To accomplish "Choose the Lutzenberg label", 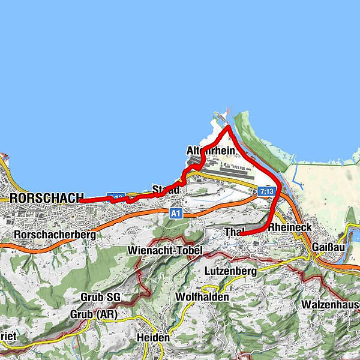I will click(x=231, y=271).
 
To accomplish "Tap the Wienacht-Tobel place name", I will click(x=166, y=250).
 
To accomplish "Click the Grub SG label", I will click(x=100, y=297).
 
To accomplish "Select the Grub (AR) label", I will click(x=94, y=314).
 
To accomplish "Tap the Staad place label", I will click(x=166, y=190).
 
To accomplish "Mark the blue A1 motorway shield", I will click(x=175, y=213).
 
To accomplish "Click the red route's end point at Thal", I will click(x=242, y=233).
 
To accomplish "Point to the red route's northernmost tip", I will click(x=228, y=128).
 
